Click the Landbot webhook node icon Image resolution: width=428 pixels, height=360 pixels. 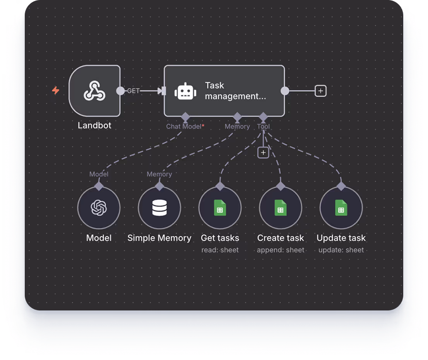(x=94, y=91)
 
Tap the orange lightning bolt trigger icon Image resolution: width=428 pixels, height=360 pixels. (x=56, y=91)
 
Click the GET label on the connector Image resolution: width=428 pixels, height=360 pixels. (x=134, y=91)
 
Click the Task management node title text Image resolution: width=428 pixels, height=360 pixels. (x=235, y=91)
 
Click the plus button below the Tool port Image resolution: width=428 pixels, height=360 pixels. (x=263, y=153)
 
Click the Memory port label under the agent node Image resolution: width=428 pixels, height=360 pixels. (x=237, y=127)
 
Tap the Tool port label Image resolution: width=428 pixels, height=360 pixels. (x=264, y=127)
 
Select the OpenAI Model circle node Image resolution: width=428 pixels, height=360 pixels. (x=99, y=208)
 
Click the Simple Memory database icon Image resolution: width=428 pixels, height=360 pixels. (x=159, y=208)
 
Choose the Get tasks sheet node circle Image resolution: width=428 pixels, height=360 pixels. (x=220, y=208)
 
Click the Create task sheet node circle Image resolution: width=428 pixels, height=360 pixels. (x=281, y=208)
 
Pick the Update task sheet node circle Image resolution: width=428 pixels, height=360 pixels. (x=341, y=208)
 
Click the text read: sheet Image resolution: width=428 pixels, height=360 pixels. (x=220, y=250)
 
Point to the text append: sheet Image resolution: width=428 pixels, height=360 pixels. (x=281, y=250)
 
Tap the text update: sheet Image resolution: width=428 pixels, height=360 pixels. (x=341, y=250)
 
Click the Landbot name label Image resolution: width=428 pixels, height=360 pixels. (x=94, y=125)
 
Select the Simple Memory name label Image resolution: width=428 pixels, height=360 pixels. (x=159, y=238)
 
